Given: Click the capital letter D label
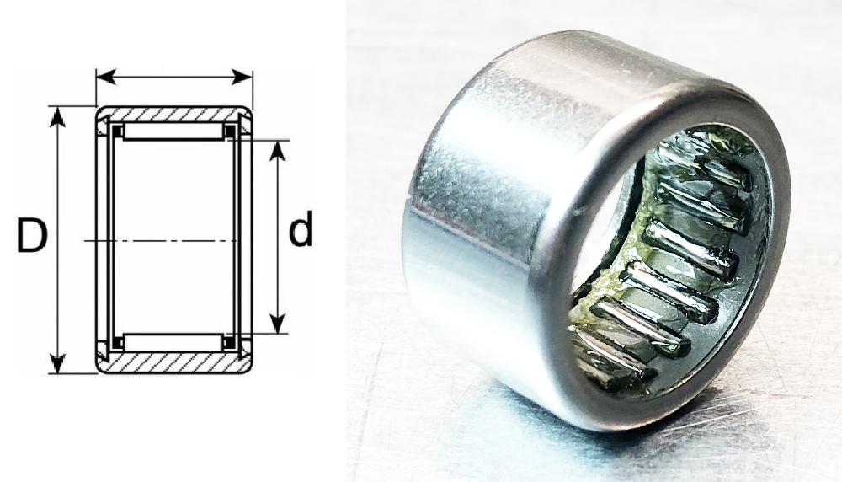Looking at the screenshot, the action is (x=32, y=235).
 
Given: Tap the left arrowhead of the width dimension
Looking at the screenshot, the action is (x=106, y=77).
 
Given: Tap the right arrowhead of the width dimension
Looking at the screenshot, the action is (x=242, y=77).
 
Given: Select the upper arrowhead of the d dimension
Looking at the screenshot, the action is (x=277, y=151).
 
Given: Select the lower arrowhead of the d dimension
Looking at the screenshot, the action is (x=277, y=323).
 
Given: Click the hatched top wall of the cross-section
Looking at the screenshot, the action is (x=174, y=114).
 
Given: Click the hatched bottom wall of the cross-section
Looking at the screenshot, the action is (x=174, y=362).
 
